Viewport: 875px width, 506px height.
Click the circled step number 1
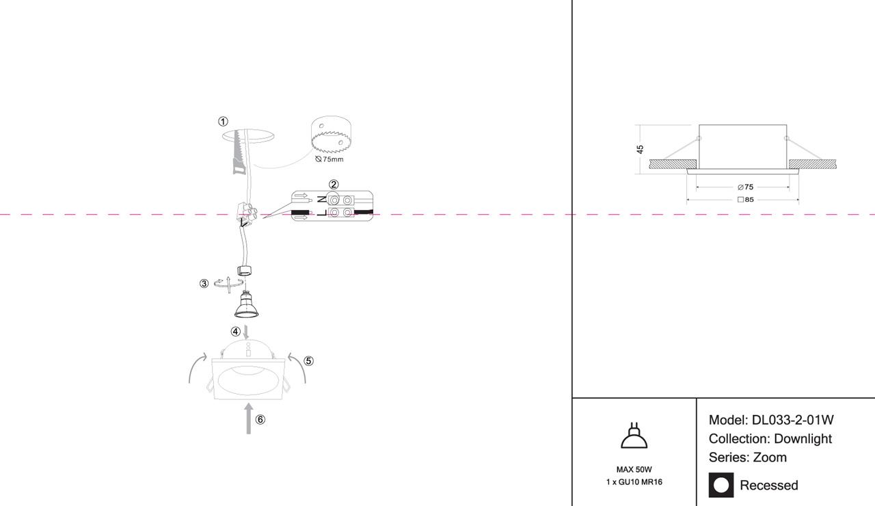click(x=223, y=122)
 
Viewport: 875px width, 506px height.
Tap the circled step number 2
click(x=334, y=185)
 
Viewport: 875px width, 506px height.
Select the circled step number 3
click(x=204, y=284)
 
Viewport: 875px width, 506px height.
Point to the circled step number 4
click(x=235, y=332)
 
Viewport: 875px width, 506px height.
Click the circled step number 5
click(x=308, y=361)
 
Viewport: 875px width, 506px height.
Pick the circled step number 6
click(x=260, y=420)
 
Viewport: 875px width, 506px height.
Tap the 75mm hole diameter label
click(x=329, y=159)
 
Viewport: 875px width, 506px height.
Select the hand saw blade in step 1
click(x=238, y=152)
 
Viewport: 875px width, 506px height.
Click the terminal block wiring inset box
click(x=332, y=207)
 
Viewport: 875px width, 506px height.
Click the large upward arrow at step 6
click(x=248, y=418)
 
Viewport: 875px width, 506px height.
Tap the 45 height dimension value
click(x=641, y=149)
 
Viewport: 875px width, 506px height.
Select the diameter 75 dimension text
click(x=745, y=187)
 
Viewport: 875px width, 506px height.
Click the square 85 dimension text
click(x=745, y=200)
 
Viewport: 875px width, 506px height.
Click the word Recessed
click(x=769, y=485)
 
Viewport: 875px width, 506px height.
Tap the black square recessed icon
click(x=721, y=485)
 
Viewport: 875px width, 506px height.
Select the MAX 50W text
click(x=634, y=470)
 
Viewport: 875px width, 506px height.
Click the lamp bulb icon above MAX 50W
click(x=634, y=436)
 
